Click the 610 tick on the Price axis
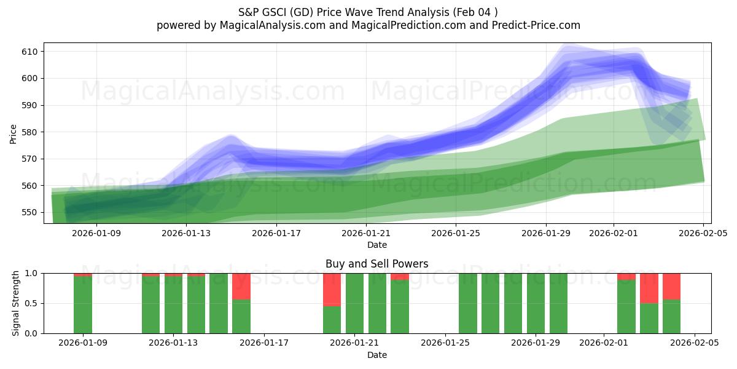31,52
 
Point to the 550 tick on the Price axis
31,212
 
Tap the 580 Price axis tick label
31,132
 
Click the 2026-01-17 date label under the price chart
276,233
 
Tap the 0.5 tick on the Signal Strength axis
31,303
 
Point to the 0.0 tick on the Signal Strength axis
31,333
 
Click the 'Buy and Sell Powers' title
377,264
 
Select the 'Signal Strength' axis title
16,303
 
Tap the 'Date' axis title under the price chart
377,245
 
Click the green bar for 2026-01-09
83,305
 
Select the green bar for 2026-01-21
355,303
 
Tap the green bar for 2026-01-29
536,303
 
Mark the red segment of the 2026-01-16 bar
241,286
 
